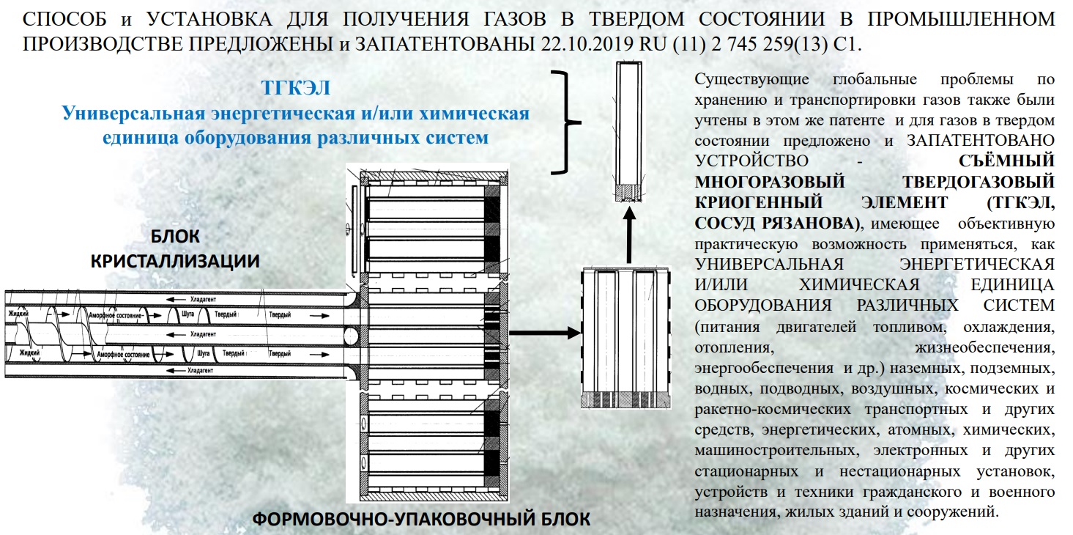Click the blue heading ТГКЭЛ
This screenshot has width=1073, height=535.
(x=295, y=89)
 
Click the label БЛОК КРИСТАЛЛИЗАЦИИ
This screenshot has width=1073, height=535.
(x=175, y=248)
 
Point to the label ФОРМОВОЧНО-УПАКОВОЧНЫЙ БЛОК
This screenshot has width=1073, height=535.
(x=420, y=520)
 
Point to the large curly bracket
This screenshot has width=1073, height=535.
(x=568, y=122)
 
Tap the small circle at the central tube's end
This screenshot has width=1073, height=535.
(x=352, y=336)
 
